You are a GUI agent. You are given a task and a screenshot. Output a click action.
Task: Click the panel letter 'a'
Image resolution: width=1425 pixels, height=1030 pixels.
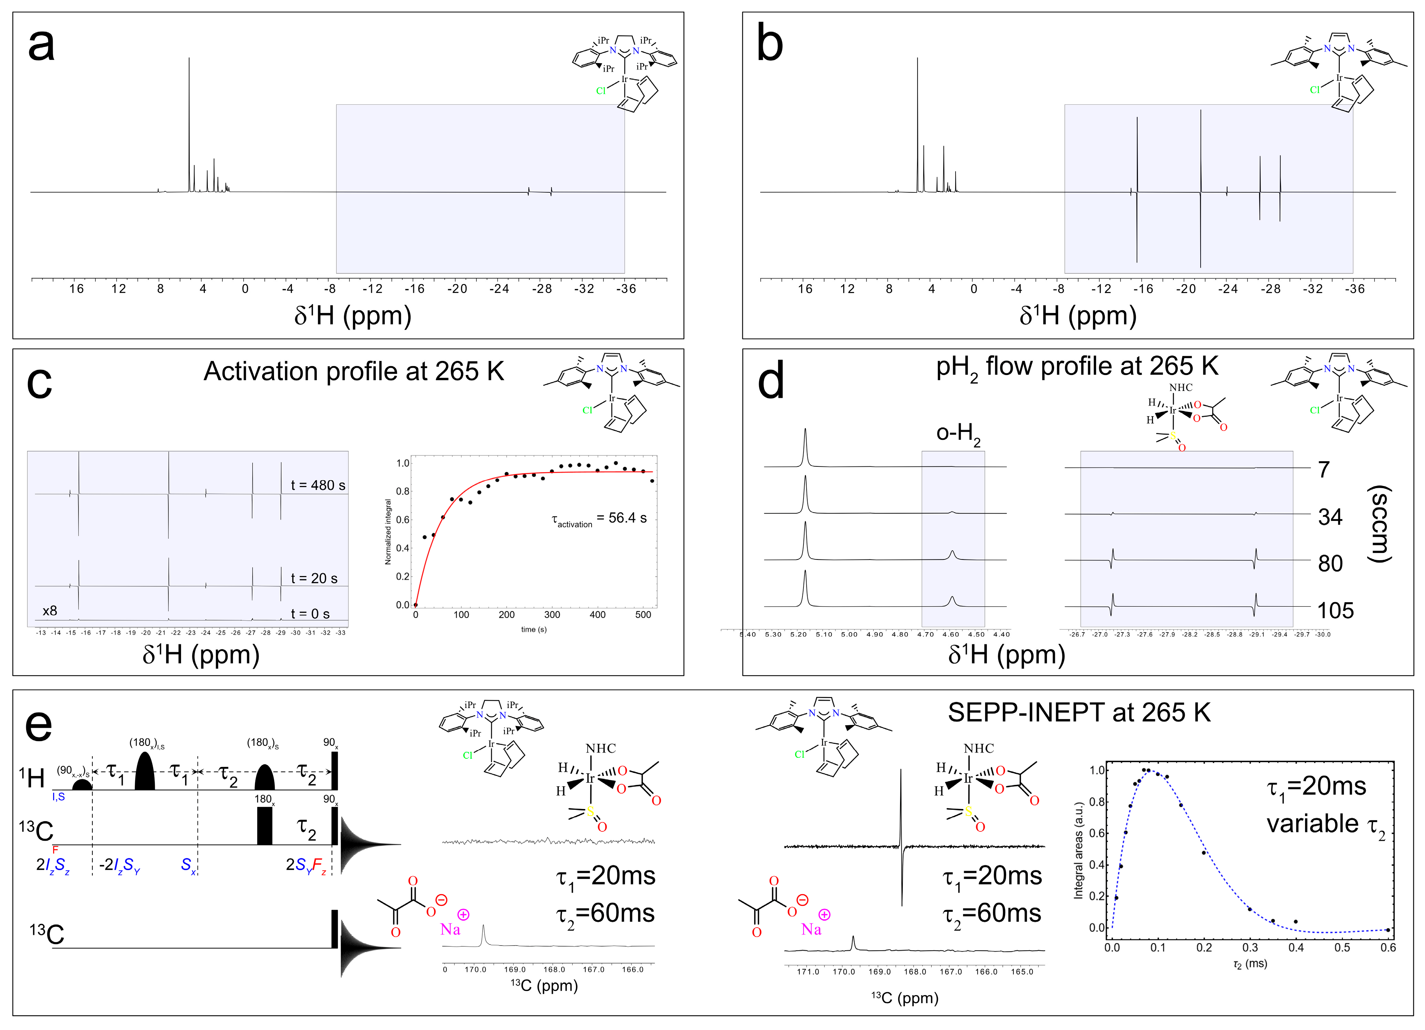(41, 45)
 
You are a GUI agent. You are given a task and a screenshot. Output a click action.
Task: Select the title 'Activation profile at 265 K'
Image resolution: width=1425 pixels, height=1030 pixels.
(354, 371)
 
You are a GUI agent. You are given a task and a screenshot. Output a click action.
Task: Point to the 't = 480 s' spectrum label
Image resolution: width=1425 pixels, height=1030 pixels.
(317, 485)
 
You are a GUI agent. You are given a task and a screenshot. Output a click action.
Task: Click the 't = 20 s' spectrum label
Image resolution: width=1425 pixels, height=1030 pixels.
(314, 578)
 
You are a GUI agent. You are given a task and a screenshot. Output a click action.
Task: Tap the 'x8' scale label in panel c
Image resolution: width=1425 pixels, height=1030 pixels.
(50, 611)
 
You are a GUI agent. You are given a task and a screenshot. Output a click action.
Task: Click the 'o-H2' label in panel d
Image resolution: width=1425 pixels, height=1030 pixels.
(958, 434)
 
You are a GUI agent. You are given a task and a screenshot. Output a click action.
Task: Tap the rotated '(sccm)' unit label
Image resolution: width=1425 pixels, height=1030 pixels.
(1381, 524)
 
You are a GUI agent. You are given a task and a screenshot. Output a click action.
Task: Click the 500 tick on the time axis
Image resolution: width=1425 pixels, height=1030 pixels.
(643, 615)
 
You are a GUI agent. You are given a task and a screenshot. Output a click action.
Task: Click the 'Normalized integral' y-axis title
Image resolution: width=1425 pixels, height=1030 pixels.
(388, 532)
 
